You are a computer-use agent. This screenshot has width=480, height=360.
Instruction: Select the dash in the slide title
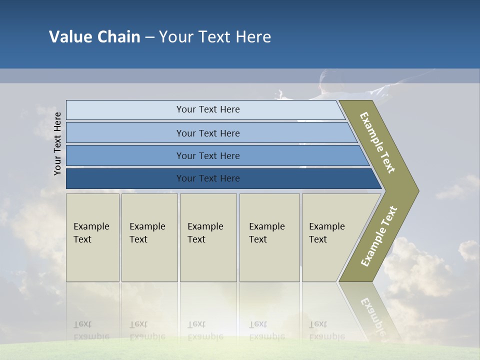tap(149, 37)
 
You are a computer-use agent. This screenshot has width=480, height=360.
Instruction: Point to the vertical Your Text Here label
tap(57, 143)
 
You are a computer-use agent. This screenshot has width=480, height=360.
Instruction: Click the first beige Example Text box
tap(92, 237)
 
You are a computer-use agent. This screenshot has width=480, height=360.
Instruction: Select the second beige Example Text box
tap(149, 237)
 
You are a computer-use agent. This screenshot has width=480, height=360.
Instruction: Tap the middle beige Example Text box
tap(208, 237)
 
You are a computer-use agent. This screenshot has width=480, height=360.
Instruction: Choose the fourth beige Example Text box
tap(269, 237)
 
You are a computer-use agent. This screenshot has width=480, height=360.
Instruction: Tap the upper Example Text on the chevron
tap(377, 142)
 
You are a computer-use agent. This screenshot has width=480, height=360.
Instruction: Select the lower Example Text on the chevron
tap(378, 236)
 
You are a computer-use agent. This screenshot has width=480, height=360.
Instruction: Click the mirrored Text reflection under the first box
tap(83, 324)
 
